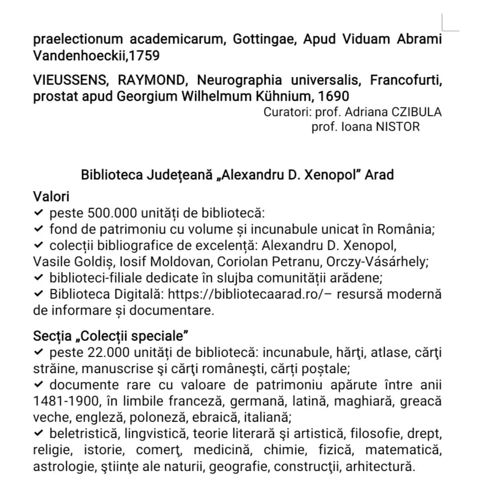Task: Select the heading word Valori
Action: point(51,196)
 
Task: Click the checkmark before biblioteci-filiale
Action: point(39,278)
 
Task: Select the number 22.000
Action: point(107,352)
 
